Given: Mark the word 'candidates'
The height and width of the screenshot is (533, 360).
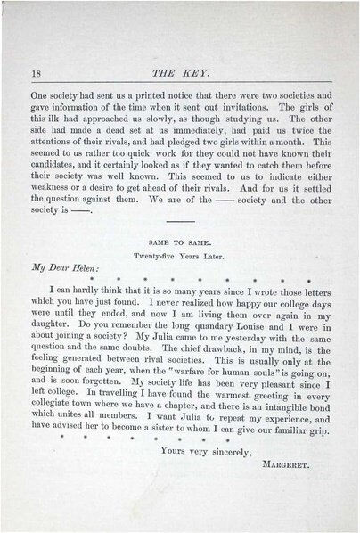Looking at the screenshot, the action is click(57, 180).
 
